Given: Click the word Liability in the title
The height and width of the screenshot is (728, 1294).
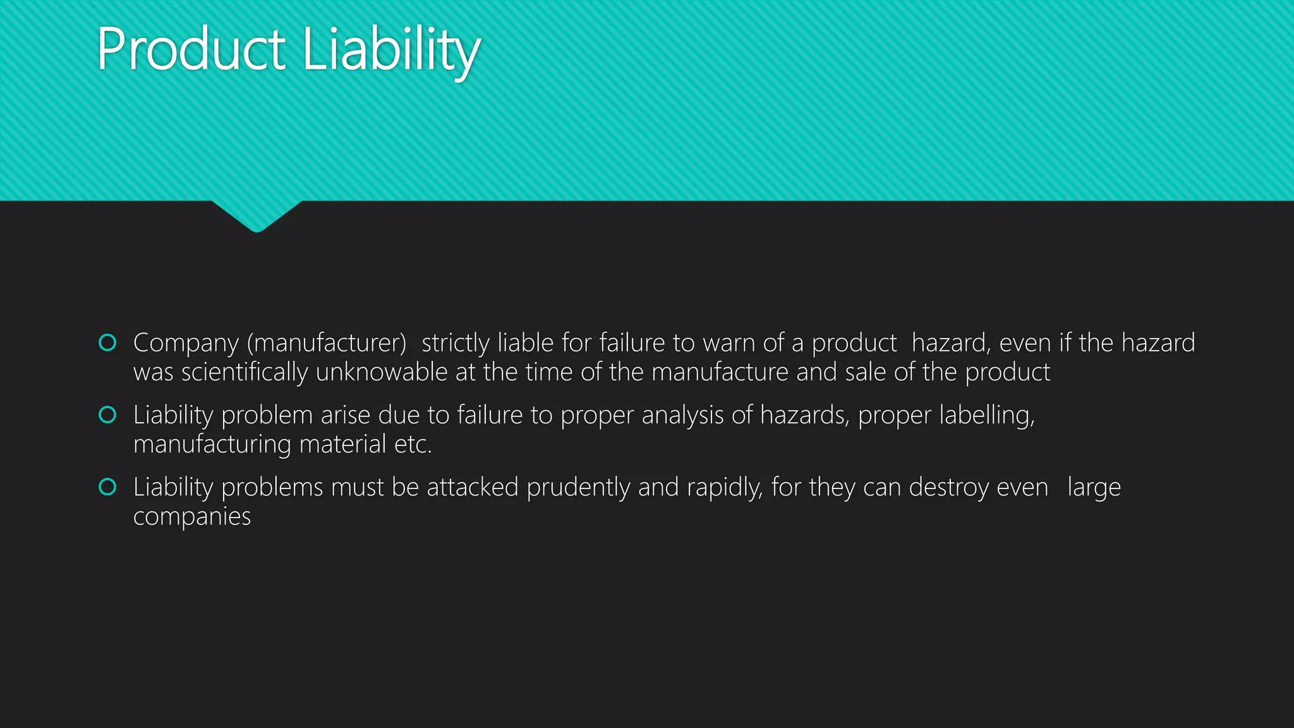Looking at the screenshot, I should [x=391, y=51].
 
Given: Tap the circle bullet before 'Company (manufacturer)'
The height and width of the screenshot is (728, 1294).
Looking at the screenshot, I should [x=107, y=343].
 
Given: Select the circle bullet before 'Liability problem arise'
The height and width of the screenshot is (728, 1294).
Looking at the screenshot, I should [x=107, y=415].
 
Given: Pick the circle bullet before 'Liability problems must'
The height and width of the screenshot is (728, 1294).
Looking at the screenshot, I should [x=107, y=487].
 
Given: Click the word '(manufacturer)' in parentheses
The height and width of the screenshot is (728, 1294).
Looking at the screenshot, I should [x=327, y=343].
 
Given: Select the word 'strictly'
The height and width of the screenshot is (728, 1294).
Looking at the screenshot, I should [x=455, y=343].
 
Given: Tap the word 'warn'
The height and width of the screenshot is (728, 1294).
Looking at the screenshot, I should [x=729, y=343].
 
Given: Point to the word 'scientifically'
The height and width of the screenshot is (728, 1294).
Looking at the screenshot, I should [x=244, y=372].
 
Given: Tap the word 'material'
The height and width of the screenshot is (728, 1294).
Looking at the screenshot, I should [x=342, y=444].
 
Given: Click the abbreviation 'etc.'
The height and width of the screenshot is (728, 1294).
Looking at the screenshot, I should [x=413, y=444].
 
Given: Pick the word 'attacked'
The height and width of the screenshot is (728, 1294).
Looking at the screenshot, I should [x=473, y=487].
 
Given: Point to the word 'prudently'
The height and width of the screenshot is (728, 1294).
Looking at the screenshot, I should [x=578, y=488].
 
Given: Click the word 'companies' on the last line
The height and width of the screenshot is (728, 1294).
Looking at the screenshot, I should [x=192, y=517].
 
